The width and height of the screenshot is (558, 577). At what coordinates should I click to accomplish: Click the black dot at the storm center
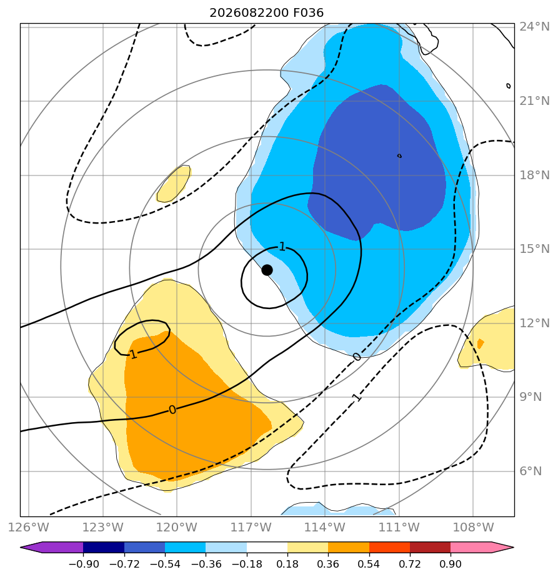point(267,270)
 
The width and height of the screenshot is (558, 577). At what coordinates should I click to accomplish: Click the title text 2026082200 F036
point(266,13)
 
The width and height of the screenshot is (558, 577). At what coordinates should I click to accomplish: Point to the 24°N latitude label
point(534,26)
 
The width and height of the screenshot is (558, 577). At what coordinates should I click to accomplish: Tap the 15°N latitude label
point(534,249)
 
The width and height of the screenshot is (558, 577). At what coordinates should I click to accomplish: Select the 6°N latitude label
point(531,471)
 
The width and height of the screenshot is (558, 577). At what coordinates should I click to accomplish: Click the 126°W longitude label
point(28,527)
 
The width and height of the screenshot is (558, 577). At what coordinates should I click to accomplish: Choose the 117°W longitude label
point(251,527)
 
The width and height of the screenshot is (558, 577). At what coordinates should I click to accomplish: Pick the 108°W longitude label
point(473,527)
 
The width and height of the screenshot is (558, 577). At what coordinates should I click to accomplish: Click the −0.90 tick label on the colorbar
point(84,564)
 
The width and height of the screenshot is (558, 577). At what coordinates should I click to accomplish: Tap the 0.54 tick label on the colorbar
point(369,564)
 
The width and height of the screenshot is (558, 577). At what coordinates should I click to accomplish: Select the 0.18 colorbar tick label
point(287,564)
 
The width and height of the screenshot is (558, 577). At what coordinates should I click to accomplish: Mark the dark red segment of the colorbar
point(430,548)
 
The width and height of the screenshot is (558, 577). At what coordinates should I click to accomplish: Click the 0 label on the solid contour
point(172,410)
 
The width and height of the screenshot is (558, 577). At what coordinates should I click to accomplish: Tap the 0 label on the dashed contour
point(357,357)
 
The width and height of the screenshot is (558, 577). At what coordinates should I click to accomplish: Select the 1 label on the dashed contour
point(356,397)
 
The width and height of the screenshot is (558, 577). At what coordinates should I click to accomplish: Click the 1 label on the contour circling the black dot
point(282,247)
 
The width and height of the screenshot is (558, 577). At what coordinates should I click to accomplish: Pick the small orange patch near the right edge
point(481,343)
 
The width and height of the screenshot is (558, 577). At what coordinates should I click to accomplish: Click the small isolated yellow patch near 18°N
point(174,184)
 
